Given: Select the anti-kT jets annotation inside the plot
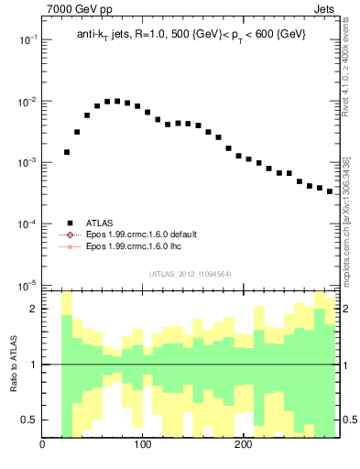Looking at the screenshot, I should (191, 34).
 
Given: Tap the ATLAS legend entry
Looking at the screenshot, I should (102, 222).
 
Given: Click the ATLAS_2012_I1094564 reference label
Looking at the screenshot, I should (189, 273).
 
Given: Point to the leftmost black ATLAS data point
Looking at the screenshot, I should (67, 152).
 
